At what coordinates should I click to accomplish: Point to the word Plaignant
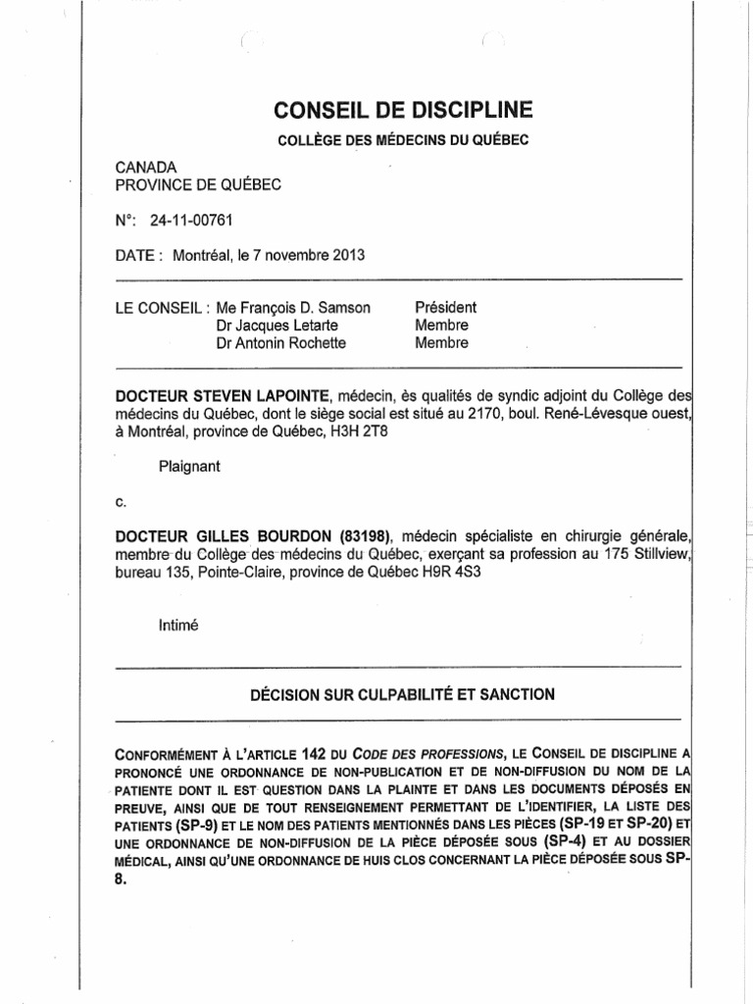tap(189, 467)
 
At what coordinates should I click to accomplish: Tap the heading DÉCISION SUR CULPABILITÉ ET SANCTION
tap(404, 694)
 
